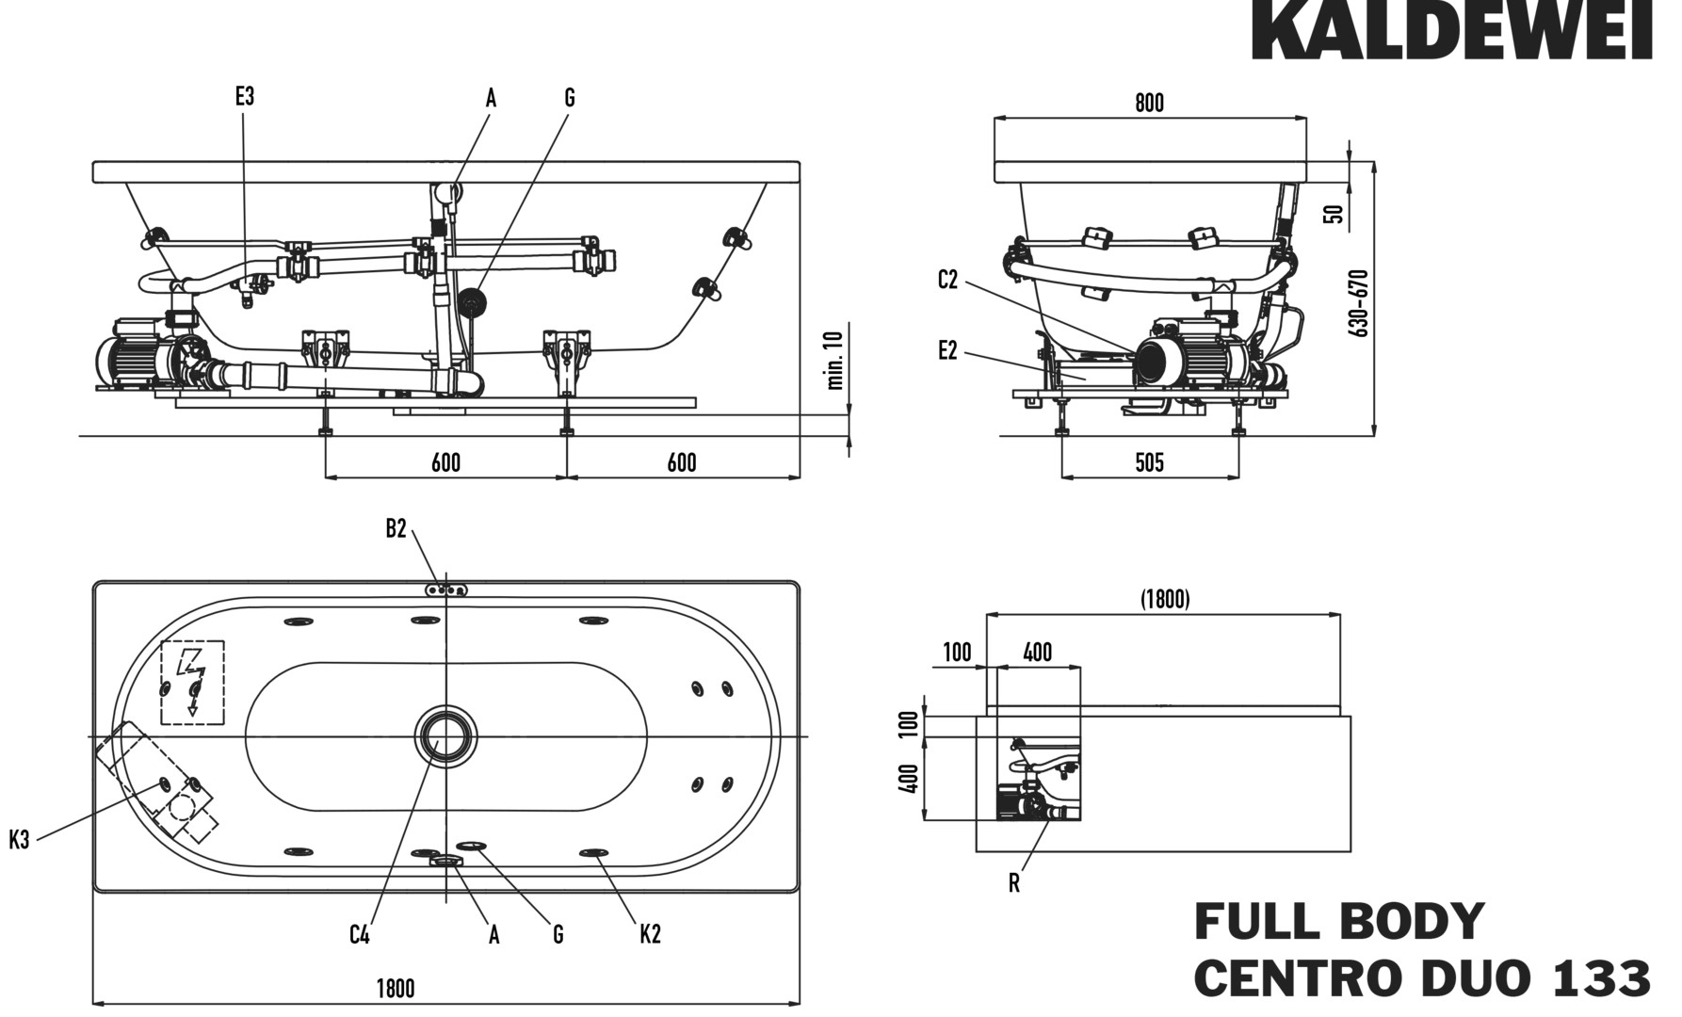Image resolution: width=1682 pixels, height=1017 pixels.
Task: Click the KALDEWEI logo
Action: pos(1451,30)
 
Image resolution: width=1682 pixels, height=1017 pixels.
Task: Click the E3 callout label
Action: pos(245,96)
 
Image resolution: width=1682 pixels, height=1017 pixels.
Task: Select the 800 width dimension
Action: pos(1149,103)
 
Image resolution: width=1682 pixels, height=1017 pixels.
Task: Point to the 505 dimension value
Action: pos(1149,462)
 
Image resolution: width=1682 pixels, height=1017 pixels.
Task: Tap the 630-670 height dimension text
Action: pos(1358,302)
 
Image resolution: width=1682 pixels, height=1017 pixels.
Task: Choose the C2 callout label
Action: pos(947,280)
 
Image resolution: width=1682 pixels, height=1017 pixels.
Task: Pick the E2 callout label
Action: pos(947,351)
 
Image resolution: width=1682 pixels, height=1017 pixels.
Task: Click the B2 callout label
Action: pos(396,529)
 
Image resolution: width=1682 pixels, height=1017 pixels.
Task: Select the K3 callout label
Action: pos(19,840)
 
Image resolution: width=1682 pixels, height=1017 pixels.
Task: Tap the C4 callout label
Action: pos(359,935)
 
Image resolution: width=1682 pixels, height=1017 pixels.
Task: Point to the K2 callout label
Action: pos(650,935)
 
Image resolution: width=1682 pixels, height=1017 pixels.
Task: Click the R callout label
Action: pos(1013,884)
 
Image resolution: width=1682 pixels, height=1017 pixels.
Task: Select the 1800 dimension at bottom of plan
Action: pos(395,989)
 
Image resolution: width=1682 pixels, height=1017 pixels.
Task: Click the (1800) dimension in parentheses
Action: pos(1164,599)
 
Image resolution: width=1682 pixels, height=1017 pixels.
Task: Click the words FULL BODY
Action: pos(1339,921)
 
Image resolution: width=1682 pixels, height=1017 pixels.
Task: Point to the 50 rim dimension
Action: pos(1334,214)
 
